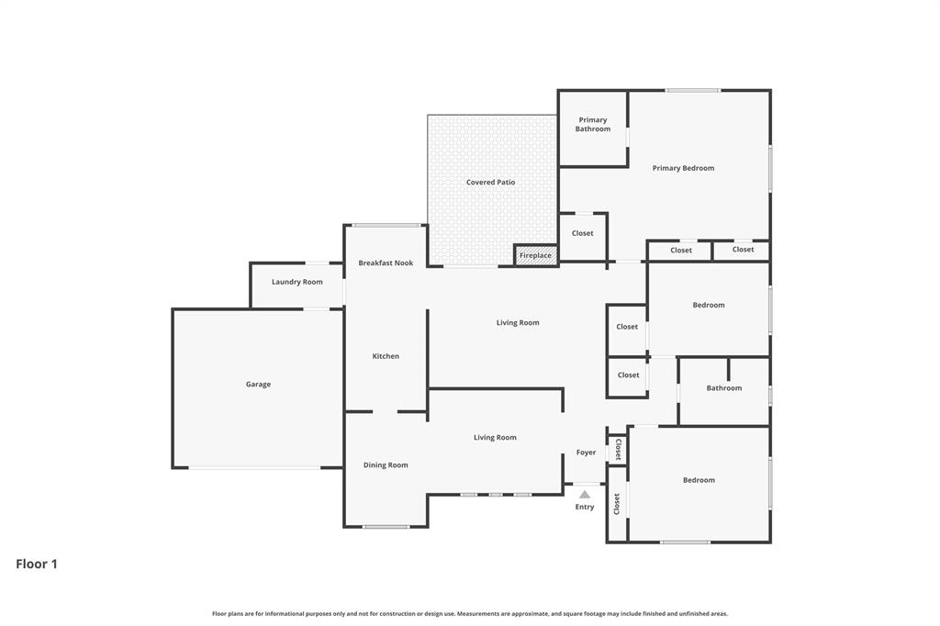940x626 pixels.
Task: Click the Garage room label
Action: [x=258, y=385]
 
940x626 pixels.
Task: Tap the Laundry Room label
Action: [x=297, y=282]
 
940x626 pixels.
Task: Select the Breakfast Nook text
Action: [x=386, y=263]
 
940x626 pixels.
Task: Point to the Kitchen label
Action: [x=386, y=356]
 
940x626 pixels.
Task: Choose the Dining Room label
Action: [x=386, y=465]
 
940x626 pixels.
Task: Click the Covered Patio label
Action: [x=490, y=183]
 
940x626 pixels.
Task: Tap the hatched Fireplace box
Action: [x=535, y=255]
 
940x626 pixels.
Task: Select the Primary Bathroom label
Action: [x=593, y=125]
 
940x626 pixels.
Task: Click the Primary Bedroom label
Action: [x=683, y=168]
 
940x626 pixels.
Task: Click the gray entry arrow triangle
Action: [x=585, y=495]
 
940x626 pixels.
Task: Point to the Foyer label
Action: [x=586, y=453]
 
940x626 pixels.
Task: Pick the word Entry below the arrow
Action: [x=585, y=507]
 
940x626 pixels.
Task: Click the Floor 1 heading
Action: [x=37, y=565]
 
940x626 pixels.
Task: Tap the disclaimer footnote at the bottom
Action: [x=470, y=613]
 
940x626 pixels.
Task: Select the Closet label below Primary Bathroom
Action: [x=582, y=233]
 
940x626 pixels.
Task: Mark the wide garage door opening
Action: [x=254, y=468]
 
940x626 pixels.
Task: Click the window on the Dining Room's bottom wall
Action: [x=386, y=527]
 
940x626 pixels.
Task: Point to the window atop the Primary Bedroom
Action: [x=693, y=90]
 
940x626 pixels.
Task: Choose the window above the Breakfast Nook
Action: [x=386, y=225]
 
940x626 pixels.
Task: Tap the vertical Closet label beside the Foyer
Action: [x=618, y=450]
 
